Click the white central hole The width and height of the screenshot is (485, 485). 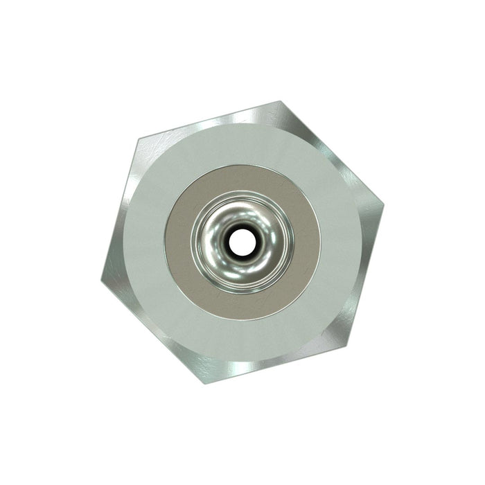click(242, 242)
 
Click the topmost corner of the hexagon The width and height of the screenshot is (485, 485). click(281, 102)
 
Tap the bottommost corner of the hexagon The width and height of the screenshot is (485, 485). click(204, 383)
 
